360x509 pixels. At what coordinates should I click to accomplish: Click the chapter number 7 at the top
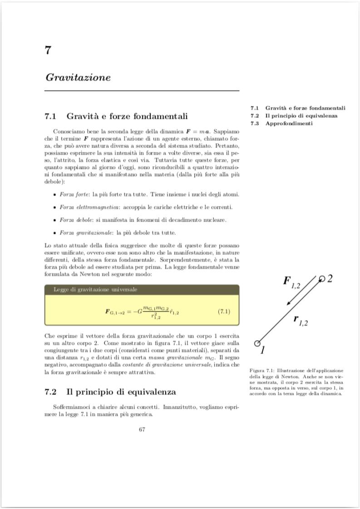pyautogui.click(x=48, y=50)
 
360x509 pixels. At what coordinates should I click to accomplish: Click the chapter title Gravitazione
pyautogui.click(x=78, y=77)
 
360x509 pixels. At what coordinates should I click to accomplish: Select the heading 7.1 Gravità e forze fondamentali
pyautogui.click(x=116, y=116)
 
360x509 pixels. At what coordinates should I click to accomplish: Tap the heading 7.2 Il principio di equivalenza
pyautogui.click(x=110, y=391)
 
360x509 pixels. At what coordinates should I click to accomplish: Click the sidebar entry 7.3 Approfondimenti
pyautogui.click(x=281, y=124)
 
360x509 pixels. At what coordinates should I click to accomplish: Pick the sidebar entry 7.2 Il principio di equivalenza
pyautogui.click(x=294, y=116)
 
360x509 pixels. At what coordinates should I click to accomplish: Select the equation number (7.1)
pyautogui.click(x=224, y=311)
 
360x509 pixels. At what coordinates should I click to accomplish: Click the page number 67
pyautogui.click(x=142, y=430)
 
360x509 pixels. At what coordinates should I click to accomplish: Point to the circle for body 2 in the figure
pyautogui.click(x=322, y=278)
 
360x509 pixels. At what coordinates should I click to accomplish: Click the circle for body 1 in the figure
pyautogui.click(x=257, y=343)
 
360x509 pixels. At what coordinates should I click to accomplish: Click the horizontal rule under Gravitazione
pyautogui.click(x=142, y=91)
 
